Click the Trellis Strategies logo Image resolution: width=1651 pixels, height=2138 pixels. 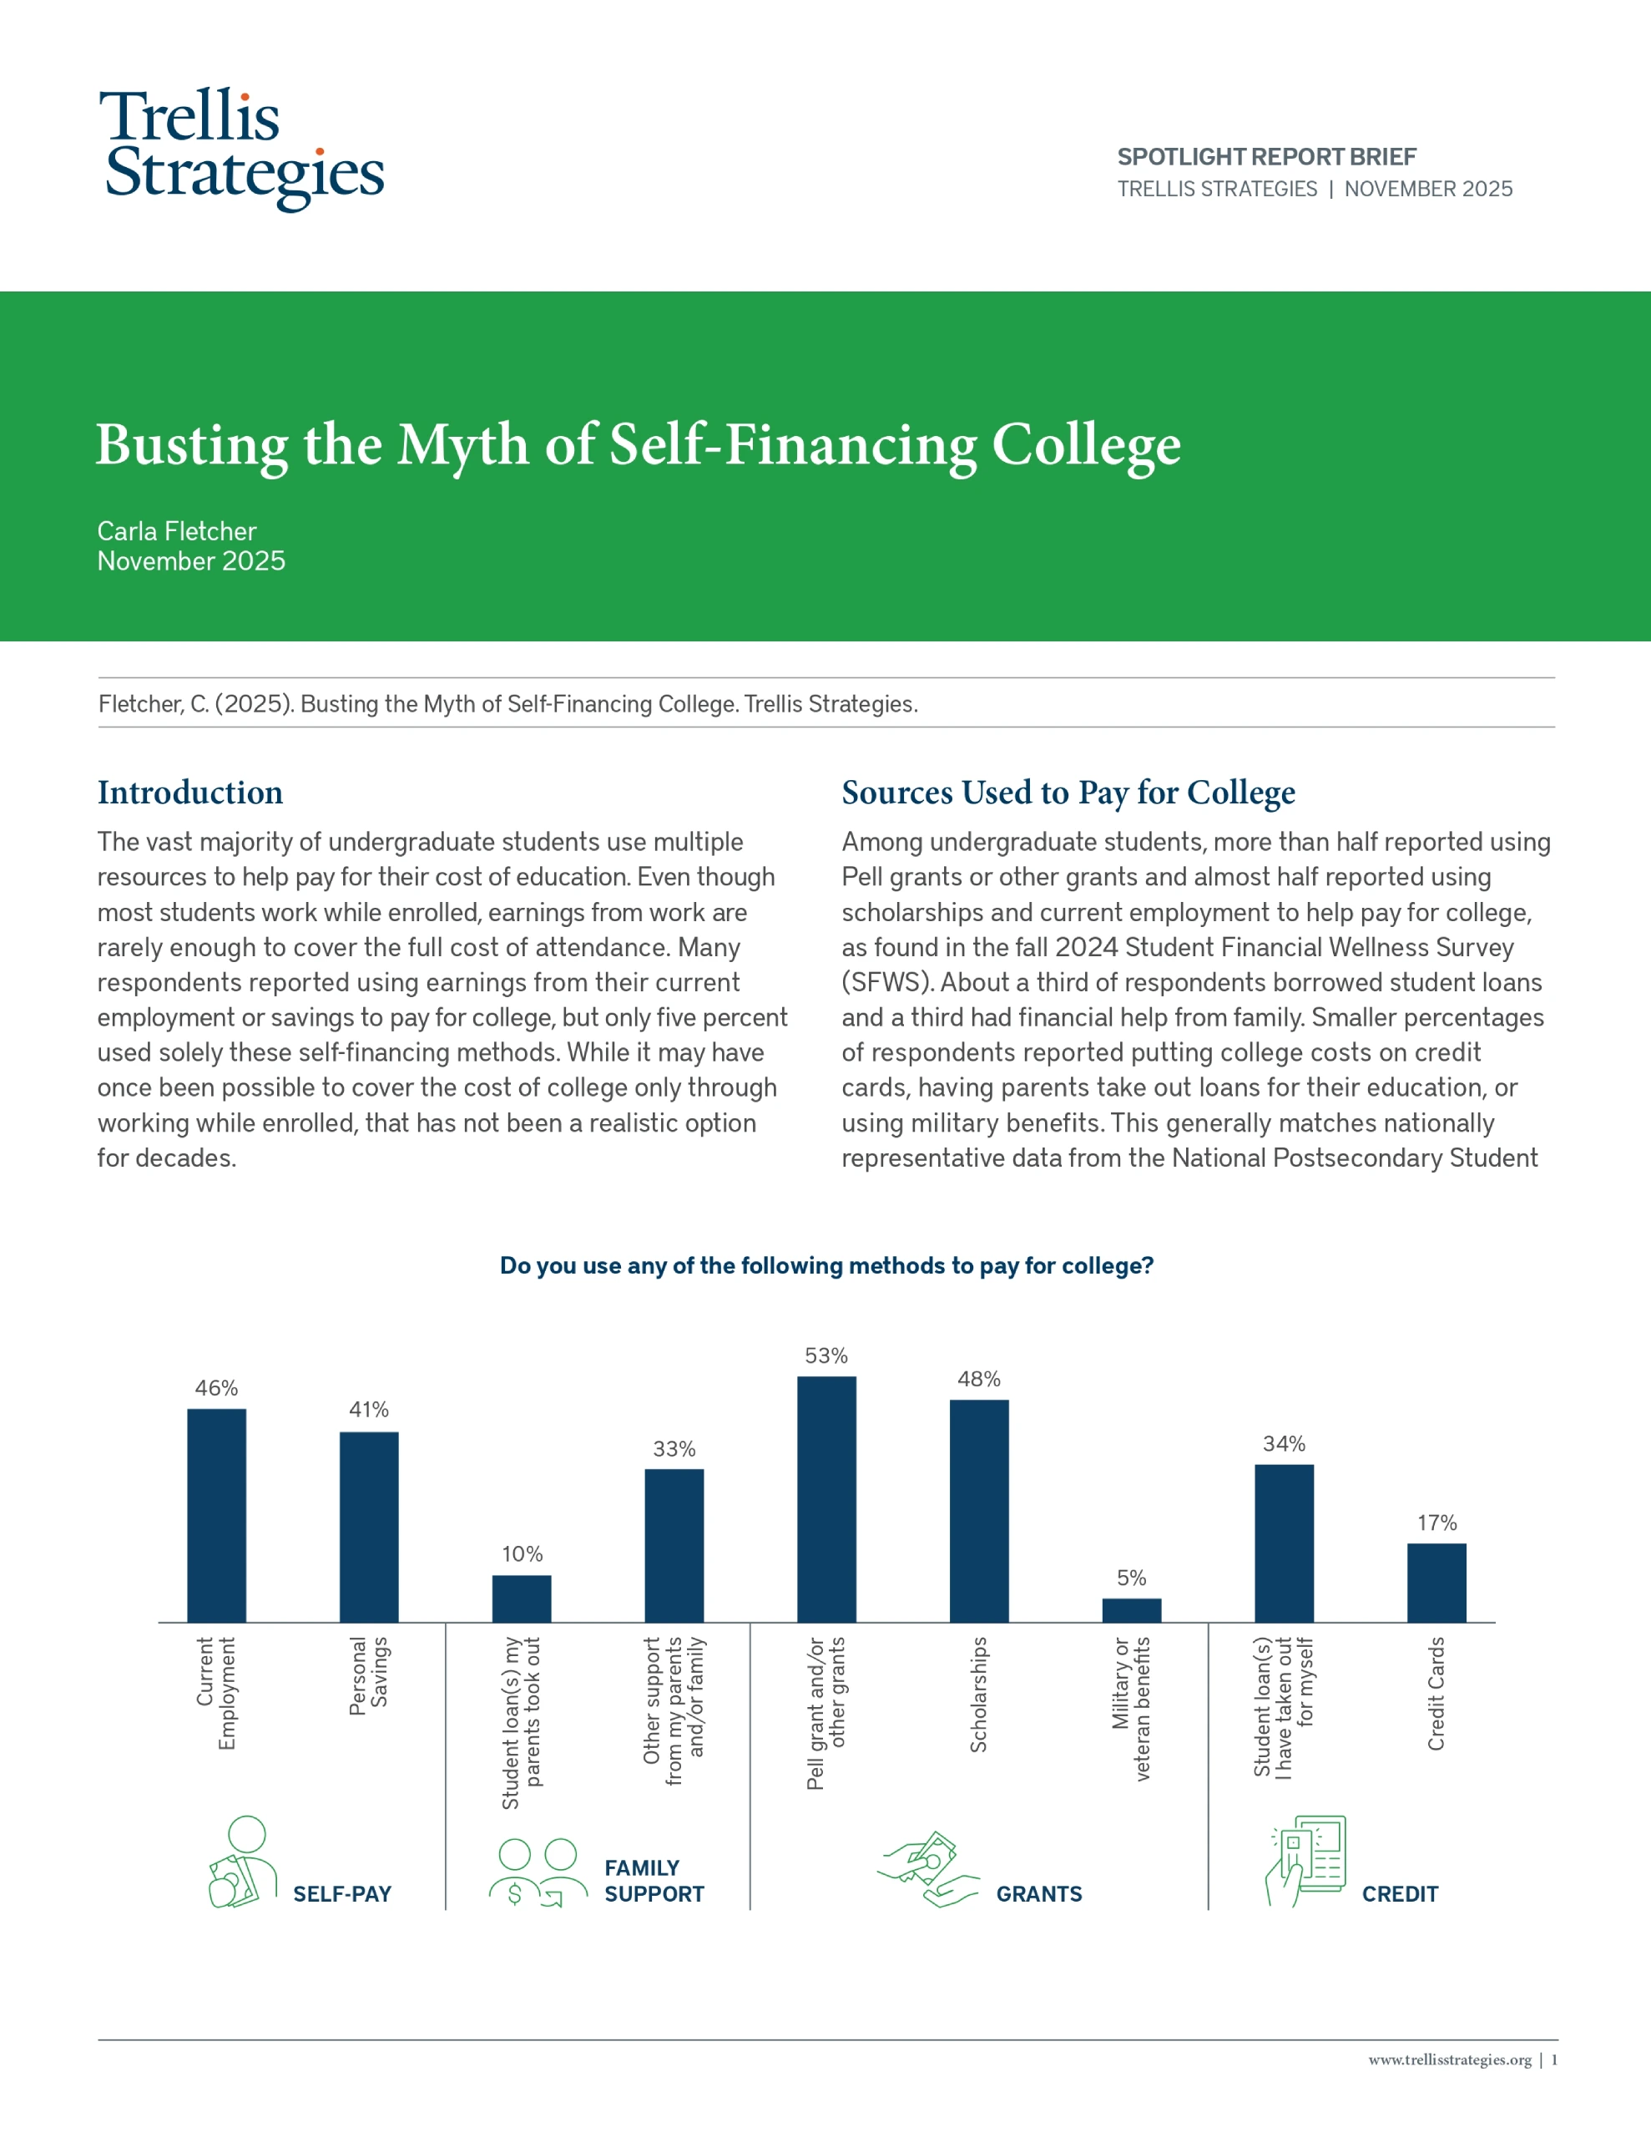243,149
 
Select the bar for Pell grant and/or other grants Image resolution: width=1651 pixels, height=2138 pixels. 826,1499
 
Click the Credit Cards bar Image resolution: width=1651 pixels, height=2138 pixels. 1436,1583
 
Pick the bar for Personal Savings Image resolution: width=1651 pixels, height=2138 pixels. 369,1528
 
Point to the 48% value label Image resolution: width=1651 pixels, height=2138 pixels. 978,1380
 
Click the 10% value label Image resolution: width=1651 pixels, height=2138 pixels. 522,1553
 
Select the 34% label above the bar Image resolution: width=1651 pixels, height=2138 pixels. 1284,1444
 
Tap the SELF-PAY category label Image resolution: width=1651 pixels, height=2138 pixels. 342,1894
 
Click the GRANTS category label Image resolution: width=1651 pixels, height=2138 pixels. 1039,1894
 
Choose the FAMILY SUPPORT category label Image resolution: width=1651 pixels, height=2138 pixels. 654,1881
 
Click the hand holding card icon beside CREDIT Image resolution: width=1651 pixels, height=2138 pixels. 1305,1861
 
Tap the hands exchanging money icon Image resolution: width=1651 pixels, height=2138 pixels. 926,1870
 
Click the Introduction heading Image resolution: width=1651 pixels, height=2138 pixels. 189,792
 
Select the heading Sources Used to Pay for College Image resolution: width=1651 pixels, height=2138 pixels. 1068,792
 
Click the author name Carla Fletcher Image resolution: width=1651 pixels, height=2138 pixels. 176,530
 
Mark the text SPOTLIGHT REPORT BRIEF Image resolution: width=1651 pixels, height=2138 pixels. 1266,157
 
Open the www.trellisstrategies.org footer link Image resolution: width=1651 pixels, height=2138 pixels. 1448,2059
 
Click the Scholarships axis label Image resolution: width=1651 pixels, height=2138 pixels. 978,1694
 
